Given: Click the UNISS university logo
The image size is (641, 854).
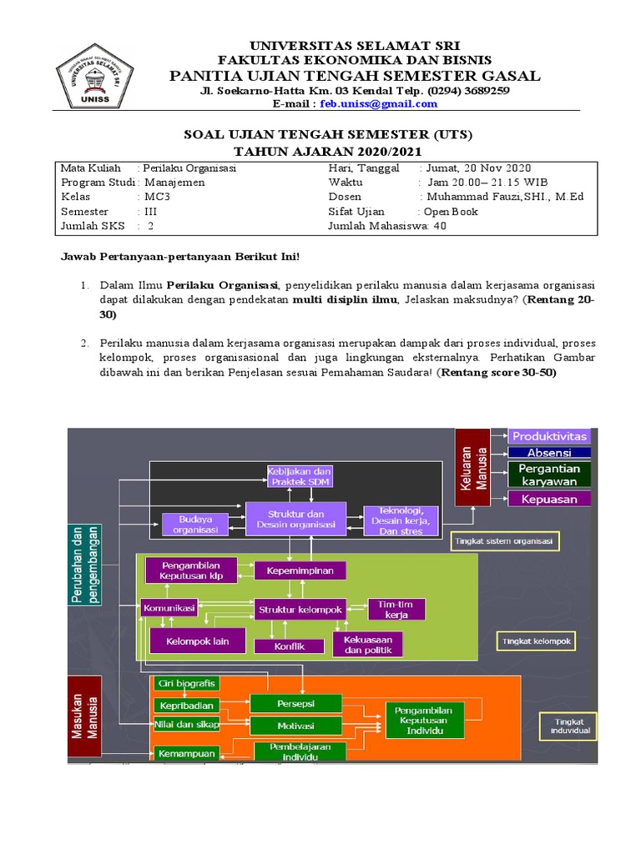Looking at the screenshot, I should coord(94,73).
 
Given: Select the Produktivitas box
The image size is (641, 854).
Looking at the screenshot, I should coord(549,436).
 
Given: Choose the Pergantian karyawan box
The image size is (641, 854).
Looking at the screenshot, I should coord(549,475).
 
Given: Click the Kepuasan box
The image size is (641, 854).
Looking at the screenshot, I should coord(549,499).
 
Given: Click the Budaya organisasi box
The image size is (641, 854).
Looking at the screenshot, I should coord(194,523).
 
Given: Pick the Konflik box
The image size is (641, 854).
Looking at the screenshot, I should coord(288,646).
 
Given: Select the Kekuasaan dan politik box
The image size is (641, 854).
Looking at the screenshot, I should coord(367,644).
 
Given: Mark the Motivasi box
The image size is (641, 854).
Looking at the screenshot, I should coord(295,725).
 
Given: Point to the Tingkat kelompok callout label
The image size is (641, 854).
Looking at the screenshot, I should coord(536,641).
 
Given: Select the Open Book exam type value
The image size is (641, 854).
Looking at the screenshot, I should coord(451,211).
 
